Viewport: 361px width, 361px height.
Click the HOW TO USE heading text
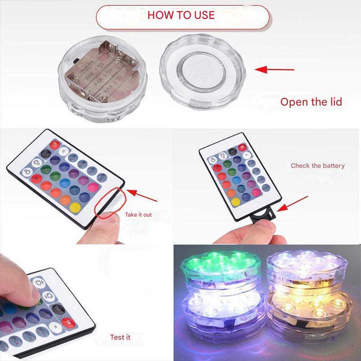[x=181, y=15]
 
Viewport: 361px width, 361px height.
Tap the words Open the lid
[x=311, y=102]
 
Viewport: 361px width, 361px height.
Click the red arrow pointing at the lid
[x=273, y=69]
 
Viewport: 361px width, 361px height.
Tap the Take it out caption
[x=138, y=214]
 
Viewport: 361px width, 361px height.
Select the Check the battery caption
[x=317, y=166]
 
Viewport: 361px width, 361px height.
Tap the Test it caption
[x=120, y=337]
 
